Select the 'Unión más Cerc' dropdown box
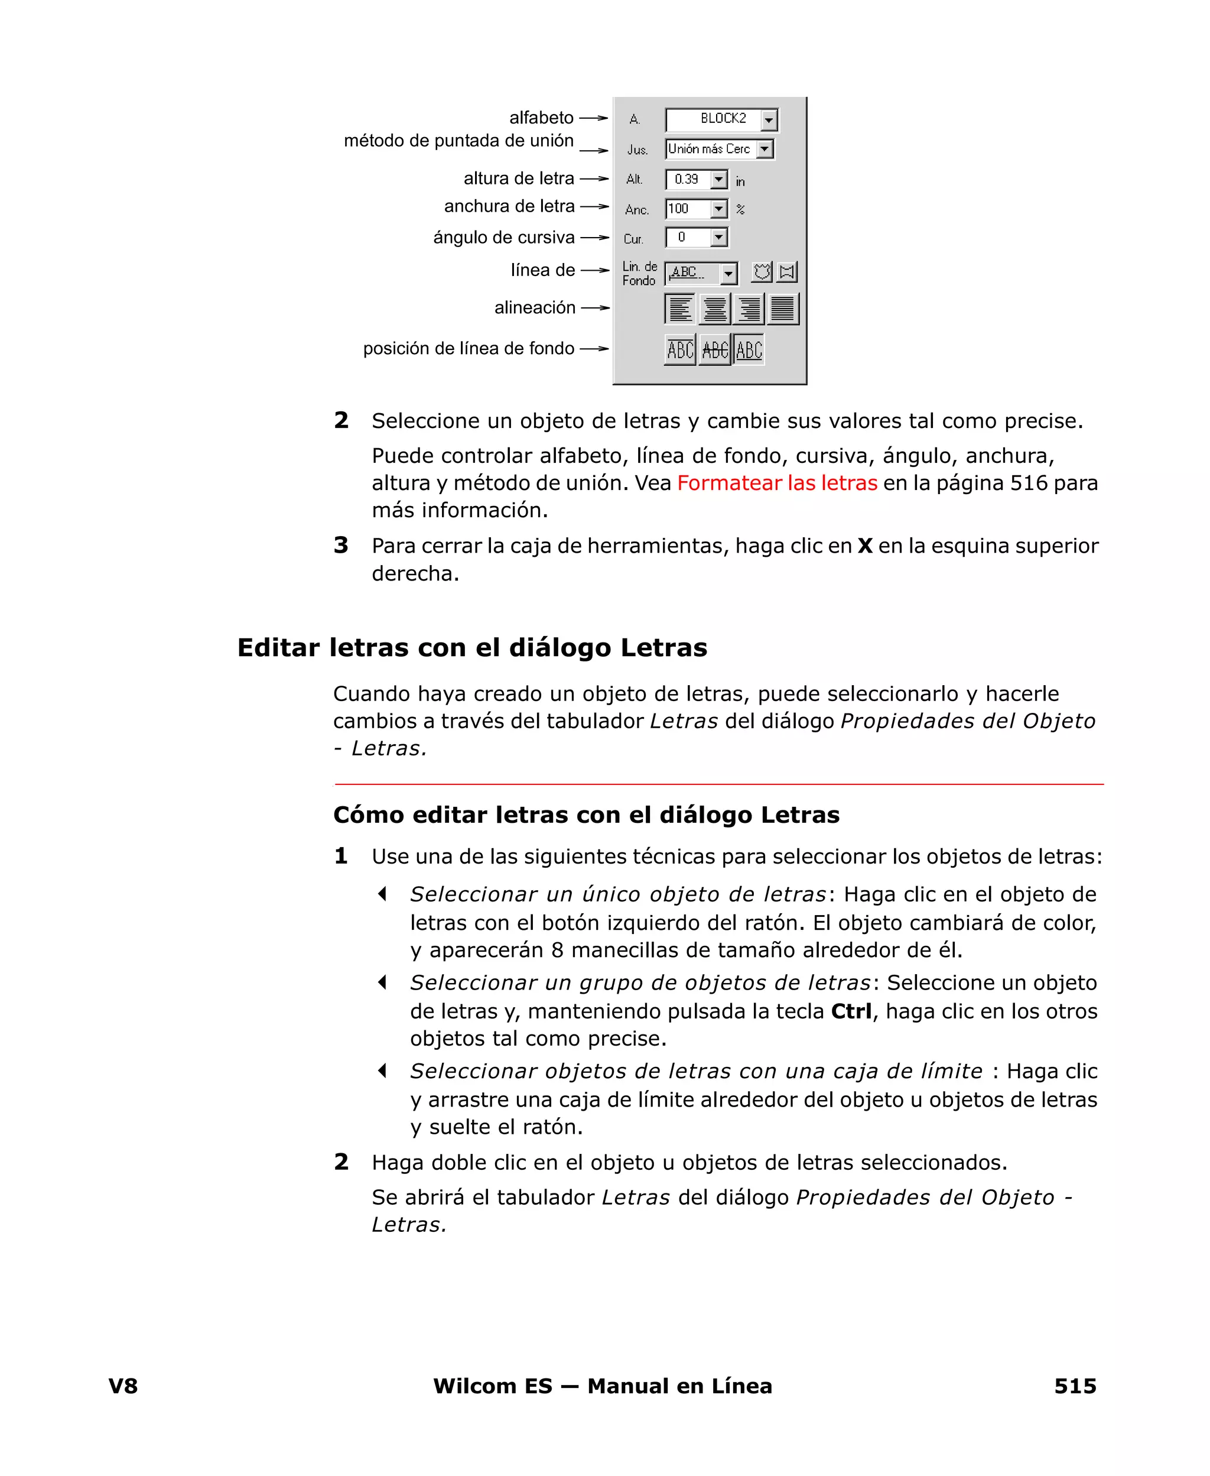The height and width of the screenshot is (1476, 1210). [x=710, y=149]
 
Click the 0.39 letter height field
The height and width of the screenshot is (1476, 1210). [x=687, y=180]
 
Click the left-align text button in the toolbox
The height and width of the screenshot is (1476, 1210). [x=680, y=308]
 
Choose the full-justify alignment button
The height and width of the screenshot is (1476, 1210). [x=783, y=308]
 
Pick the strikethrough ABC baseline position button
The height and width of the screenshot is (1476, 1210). [x=715, y=349]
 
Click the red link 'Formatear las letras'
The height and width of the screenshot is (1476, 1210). [x=776, y=483]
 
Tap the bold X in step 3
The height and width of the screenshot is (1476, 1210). [x=865, y=546]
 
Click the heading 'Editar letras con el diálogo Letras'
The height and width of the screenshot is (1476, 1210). [x=472, y=648]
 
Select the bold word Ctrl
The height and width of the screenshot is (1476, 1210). [x=851, y=1011]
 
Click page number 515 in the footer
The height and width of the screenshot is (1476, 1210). [x=1074, y=1386]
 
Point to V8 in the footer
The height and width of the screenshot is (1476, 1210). [x=123, y=1386]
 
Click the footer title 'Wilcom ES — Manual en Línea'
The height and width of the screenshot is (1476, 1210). [x=602, y=1386]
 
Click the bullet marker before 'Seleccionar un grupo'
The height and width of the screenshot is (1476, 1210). [x=382, y=982]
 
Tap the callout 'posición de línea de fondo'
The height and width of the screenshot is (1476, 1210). [x=469, y=349]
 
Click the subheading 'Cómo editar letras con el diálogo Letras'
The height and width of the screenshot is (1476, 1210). [x=586, y=815]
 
